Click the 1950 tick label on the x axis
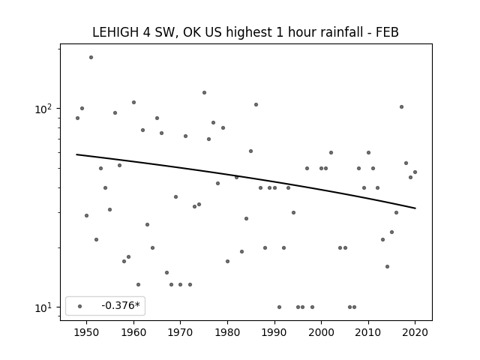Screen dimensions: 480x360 point(87,332)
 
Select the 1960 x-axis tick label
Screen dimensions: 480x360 point(133,332)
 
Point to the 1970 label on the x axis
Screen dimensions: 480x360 point(180,332)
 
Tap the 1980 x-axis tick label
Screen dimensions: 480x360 point(227,332)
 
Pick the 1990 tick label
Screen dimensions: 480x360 point(274,332)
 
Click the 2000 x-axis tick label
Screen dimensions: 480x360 point(321,332)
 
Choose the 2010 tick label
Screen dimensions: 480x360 point(368,332)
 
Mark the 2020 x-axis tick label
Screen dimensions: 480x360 point(415,332)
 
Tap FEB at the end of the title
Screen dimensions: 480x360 point(388,32)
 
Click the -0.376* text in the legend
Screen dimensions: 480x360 point(121,305)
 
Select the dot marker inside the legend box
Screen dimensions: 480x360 point(79,306)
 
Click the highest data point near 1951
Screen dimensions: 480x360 point(91,57)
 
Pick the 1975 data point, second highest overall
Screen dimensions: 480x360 point(204,92)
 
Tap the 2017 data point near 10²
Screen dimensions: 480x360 point(401,106)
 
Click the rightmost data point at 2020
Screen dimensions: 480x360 point(415,172)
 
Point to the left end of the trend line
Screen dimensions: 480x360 point(76,154)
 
